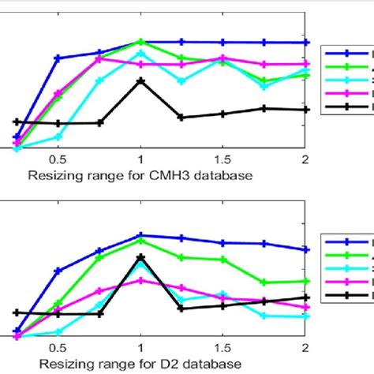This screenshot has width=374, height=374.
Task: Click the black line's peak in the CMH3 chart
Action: point(140,81)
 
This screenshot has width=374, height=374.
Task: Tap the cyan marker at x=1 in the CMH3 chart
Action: point(140,54)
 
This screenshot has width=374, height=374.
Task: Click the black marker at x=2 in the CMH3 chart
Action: point(305,110)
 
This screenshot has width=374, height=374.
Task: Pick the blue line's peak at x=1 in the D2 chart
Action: point(140,235)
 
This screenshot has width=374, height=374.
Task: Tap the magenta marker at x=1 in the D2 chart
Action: point(140,280)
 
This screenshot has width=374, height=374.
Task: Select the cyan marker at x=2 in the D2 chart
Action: point(305,316)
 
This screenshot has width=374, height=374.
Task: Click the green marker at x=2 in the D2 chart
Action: point(305,281)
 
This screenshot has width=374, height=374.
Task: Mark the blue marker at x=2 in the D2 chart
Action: point(305,249)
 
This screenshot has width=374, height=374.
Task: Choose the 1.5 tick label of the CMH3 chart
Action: point(223,159)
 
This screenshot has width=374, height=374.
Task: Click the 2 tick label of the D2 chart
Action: point(305,347)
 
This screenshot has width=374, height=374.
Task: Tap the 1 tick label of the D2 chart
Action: point(140,347)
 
